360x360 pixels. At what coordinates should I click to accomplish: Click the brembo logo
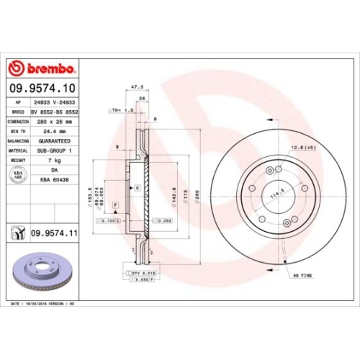point(42,68)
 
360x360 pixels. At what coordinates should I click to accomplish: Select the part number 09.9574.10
point(42,89)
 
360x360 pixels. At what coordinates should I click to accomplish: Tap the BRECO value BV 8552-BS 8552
point(55,113)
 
